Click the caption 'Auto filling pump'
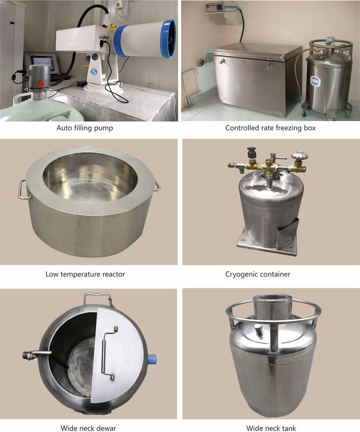(x=85, y=128)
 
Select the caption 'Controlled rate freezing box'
(x=270, y=128)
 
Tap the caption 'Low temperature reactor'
(x=85, y=274)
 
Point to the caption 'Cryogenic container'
(x=257, y=274)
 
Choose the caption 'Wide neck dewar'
(x=88, y=428)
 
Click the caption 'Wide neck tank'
(x=271, y=428)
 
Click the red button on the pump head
(x=41, y=84)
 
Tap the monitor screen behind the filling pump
(x=42, y=64)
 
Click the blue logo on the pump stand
(x=94, y=71)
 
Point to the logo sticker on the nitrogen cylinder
(x=314, y=81)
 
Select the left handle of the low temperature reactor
(x=22, y=189)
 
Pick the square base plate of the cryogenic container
(x=267, y=242)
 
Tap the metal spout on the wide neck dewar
(x=36, y=355)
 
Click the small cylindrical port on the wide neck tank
(x=259, y=329)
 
